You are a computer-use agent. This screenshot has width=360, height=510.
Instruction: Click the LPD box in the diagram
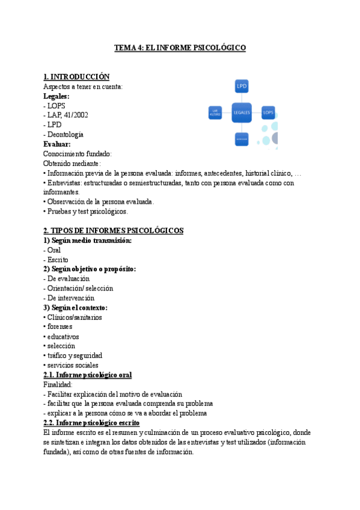[242, 85]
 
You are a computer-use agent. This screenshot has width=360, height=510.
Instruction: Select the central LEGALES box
[242, 112]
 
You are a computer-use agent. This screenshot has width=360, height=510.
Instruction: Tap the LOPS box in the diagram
[268, 112]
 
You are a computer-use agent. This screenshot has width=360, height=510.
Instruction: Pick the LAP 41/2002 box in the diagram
[216, 112]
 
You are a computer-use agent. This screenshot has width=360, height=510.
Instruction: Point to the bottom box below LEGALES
[242, 139]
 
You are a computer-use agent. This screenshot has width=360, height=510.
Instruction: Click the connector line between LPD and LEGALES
[242, 97]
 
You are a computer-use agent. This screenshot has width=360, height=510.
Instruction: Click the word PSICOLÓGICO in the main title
[217, 48]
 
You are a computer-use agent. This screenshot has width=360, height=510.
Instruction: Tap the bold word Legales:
[56, 96]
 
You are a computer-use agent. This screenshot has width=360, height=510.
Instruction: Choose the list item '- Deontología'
[63, 134]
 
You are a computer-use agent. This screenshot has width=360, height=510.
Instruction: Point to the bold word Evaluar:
[57, 144]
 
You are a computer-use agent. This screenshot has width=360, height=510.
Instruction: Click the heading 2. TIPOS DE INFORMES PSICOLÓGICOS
[114, 230]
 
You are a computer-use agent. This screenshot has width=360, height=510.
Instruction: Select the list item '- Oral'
[52, 250]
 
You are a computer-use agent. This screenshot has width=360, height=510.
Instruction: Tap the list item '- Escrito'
[56, 259]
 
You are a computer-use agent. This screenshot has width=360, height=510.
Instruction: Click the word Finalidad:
[58, 384]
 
